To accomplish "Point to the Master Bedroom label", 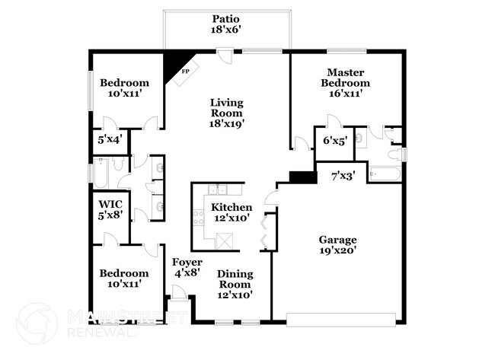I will pos(345,76).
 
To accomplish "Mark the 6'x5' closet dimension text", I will pos(335,140).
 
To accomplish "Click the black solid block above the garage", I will pos(302,177).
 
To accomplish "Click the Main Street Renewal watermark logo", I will pos(37,323).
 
